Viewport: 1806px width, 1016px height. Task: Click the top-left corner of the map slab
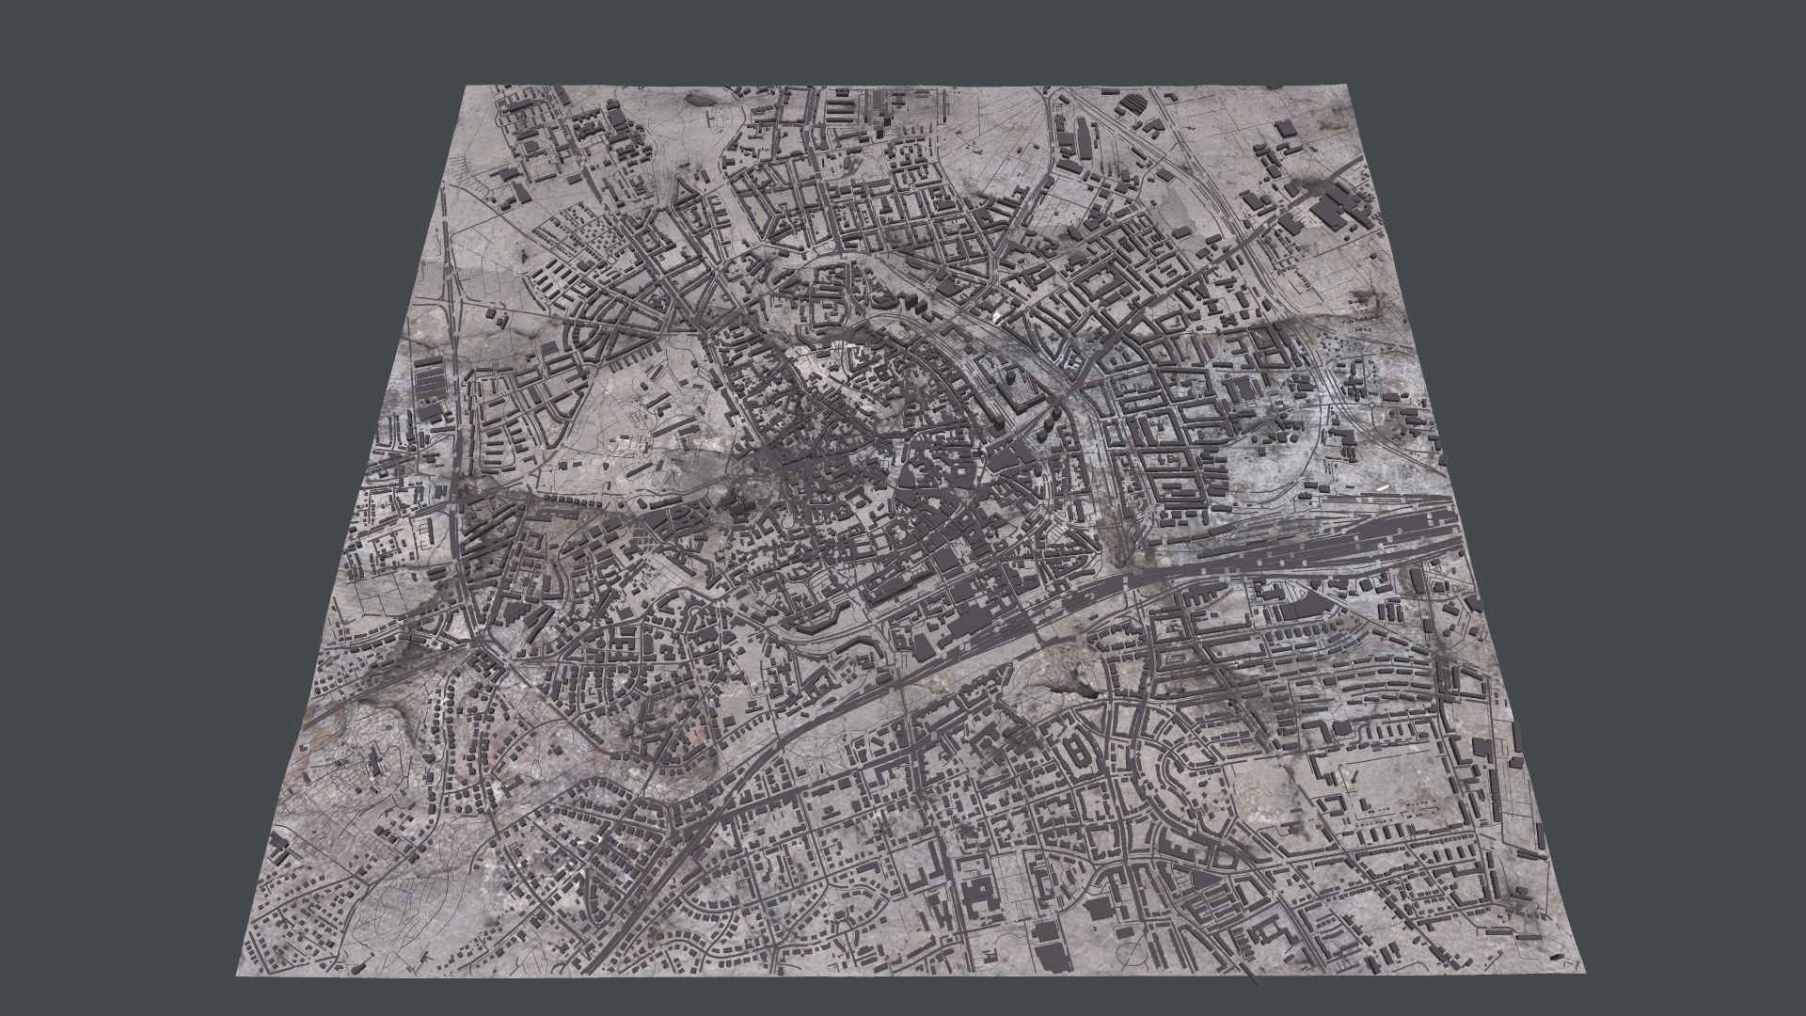[467, 87]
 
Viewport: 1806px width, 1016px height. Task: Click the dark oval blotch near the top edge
[697, 95]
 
